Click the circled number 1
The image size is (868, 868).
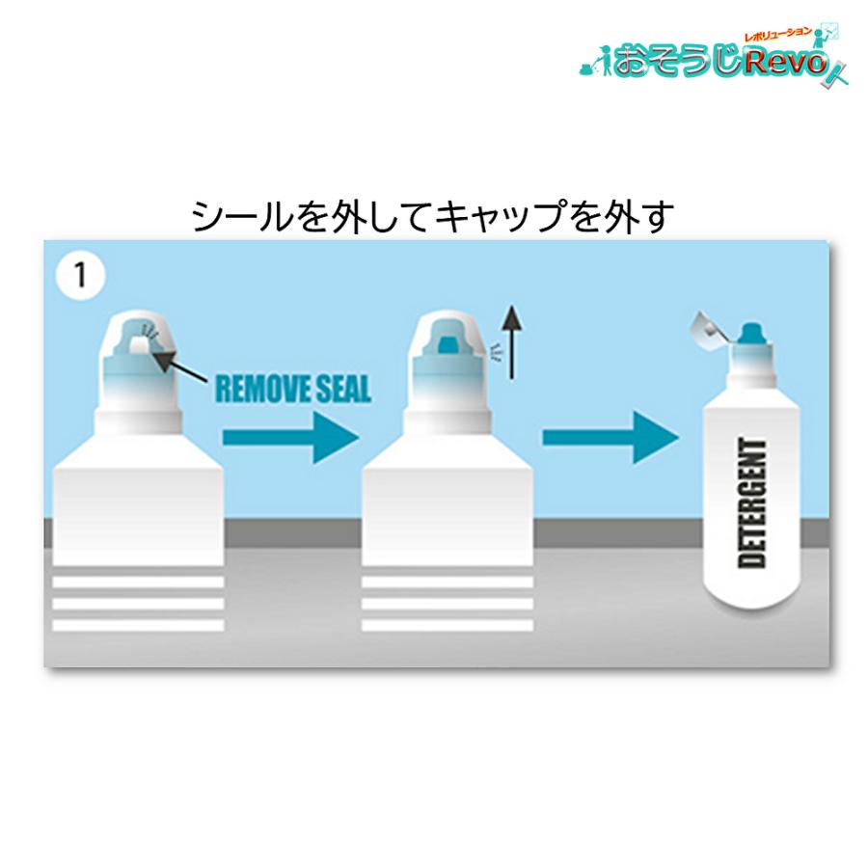coord(81,275)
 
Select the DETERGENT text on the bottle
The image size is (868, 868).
coord(752,502)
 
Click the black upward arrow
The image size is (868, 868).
coord(512,342)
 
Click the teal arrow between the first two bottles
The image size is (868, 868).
coord(291,437)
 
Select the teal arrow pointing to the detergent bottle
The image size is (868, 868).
coord(610,437)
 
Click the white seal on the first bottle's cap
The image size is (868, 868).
coord(139,347)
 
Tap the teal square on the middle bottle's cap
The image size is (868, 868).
coord(448,345)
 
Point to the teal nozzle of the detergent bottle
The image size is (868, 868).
coord(751,334)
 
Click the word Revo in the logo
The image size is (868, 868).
coord(785,62)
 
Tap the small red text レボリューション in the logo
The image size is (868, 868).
coord(777,36)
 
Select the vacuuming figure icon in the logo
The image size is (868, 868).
coord(596,62)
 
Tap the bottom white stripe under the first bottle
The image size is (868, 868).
coord(138,626)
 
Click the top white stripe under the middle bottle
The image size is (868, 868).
coord(448,582)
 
